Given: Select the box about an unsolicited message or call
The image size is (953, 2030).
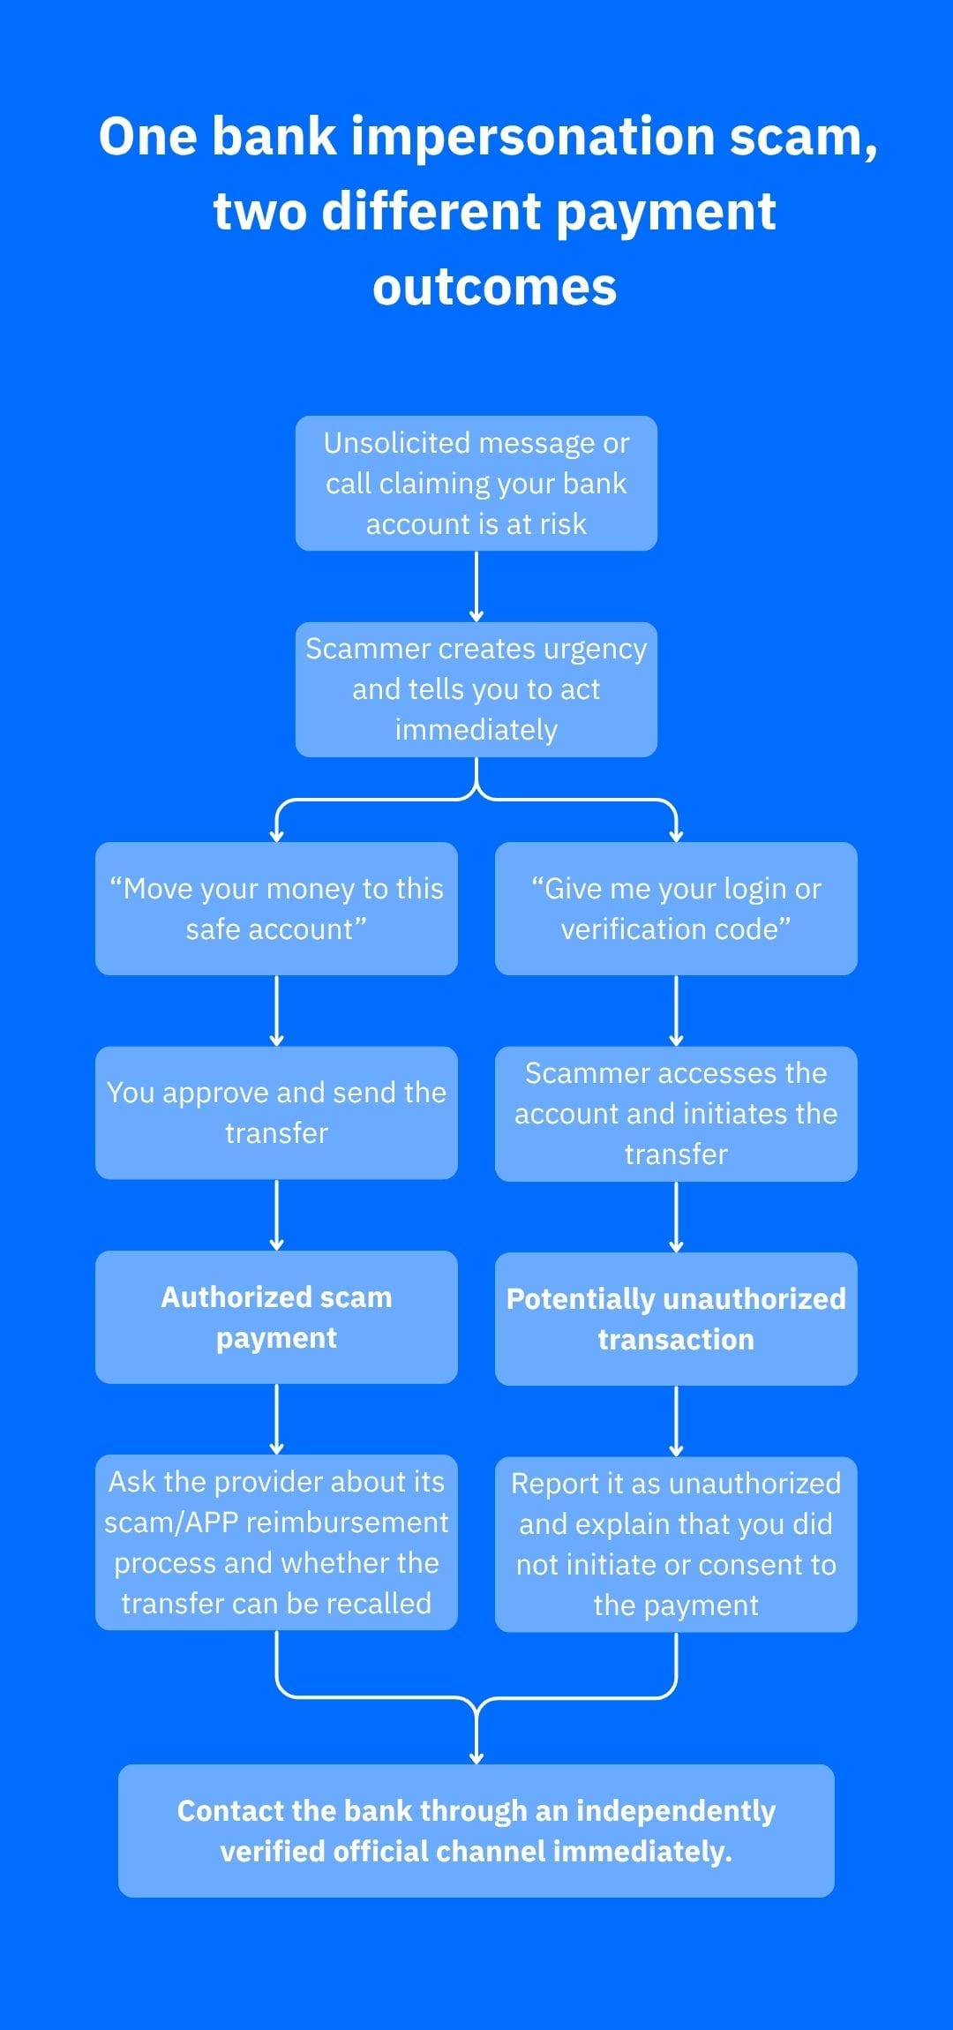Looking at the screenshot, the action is [x=476, y=484].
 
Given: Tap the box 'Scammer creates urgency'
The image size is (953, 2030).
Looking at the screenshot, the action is [x=476, y=689].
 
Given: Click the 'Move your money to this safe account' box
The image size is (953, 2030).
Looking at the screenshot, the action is [x=276, y=908].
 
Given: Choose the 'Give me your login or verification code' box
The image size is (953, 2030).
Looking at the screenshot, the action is [x=676, y=908].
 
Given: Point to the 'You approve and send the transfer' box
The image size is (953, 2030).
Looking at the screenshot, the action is [x=276, y=1113].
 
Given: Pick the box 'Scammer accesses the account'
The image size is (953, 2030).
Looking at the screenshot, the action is [x=676, y=1114].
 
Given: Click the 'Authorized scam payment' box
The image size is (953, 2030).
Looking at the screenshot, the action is [x=276, y=1317].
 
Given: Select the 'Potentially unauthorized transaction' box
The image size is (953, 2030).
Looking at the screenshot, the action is [x=676, y=1319].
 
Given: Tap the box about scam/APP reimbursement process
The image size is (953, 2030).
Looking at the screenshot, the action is [x=276, y=1542].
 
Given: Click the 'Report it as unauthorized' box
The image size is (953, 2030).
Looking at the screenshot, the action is [x=676, y=1544].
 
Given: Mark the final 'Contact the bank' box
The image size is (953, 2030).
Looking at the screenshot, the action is [x=476, y=1831].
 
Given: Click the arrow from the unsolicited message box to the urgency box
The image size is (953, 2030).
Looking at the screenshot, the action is [x=476, y=587].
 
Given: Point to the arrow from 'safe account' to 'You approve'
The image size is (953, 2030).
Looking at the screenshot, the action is [x=276, y=1011].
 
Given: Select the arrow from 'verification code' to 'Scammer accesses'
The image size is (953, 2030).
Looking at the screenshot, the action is [x=676, y=1011].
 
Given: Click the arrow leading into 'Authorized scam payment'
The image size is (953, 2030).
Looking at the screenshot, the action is [x=276, y=1215].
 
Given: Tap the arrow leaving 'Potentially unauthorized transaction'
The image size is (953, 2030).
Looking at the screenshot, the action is [x=676, y=1421].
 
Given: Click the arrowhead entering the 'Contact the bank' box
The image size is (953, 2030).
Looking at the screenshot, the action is [x=476, y=1758].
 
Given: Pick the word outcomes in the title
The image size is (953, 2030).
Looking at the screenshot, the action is [x=494, y=289].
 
